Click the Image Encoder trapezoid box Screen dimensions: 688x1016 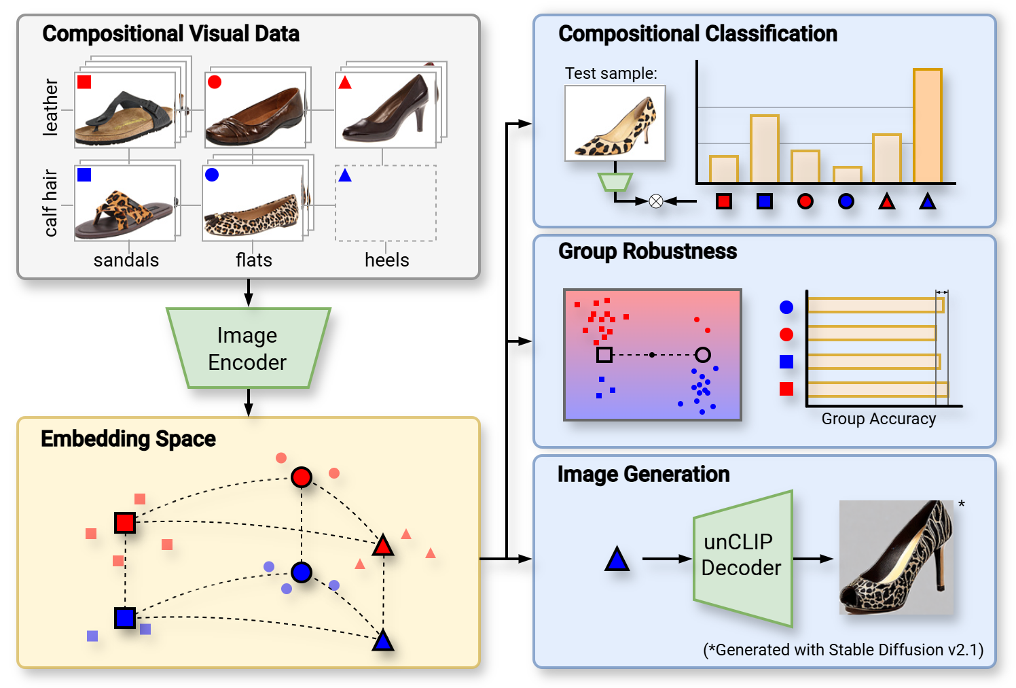point(248,349)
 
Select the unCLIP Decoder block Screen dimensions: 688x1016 point(742,557)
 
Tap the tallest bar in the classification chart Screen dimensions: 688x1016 point(927,126)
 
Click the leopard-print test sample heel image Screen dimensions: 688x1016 point(615,123)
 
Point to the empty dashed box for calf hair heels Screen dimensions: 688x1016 point(385,203)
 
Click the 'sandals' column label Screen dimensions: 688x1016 point(126,260)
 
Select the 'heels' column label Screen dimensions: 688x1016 point(386,260)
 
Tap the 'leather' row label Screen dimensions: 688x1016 point(51,107)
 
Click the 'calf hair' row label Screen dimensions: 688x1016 point(51,203)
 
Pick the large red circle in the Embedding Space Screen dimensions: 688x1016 point(302,477)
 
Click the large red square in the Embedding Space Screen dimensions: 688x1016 point(125,523)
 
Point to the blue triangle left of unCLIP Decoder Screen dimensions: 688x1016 point(617,560)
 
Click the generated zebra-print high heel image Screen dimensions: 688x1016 point(896,557)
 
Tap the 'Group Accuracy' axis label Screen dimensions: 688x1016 point(878,419)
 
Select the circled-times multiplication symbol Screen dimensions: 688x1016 point(655,201)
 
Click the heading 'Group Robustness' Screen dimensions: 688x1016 point(647,252)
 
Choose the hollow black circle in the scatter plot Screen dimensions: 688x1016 point(703,355)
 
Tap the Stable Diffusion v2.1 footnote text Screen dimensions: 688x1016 point(843,650)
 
